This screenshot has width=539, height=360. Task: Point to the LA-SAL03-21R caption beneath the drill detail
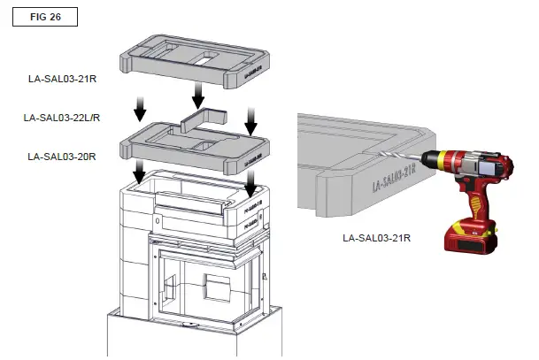pos(376,238)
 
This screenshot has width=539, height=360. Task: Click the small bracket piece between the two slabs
pos(203,121)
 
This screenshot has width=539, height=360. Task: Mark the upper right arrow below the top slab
pos(251,114)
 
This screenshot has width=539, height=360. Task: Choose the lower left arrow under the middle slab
pos(140,172)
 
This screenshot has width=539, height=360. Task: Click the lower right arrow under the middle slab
pos(251,183)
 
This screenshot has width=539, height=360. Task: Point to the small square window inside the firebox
pos(216,287)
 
